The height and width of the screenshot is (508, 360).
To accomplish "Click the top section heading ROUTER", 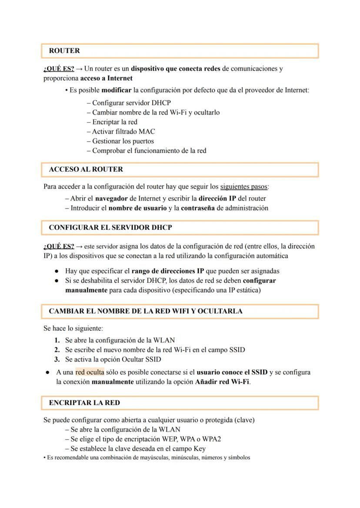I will [x=64, y=51].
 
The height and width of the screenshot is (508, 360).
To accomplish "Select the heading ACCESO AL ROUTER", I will [x=86, y=169].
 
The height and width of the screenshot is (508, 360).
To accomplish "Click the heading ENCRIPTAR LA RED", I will [x=84, y=403].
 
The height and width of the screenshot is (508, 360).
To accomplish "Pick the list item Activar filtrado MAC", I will [x=123, y=131].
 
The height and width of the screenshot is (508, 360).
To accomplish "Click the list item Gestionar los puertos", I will [x=123, y=141].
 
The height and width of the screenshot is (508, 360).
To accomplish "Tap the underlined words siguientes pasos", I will [x=244, y=187].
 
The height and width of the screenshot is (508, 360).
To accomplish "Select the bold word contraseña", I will [x=197, y=208].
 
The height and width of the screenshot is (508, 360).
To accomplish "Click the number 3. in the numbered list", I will [x=57, y=359].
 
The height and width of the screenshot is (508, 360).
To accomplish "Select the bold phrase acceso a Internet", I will [x=107, y=78].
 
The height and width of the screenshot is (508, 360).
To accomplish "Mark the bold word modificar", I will [x=117, y=90].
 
